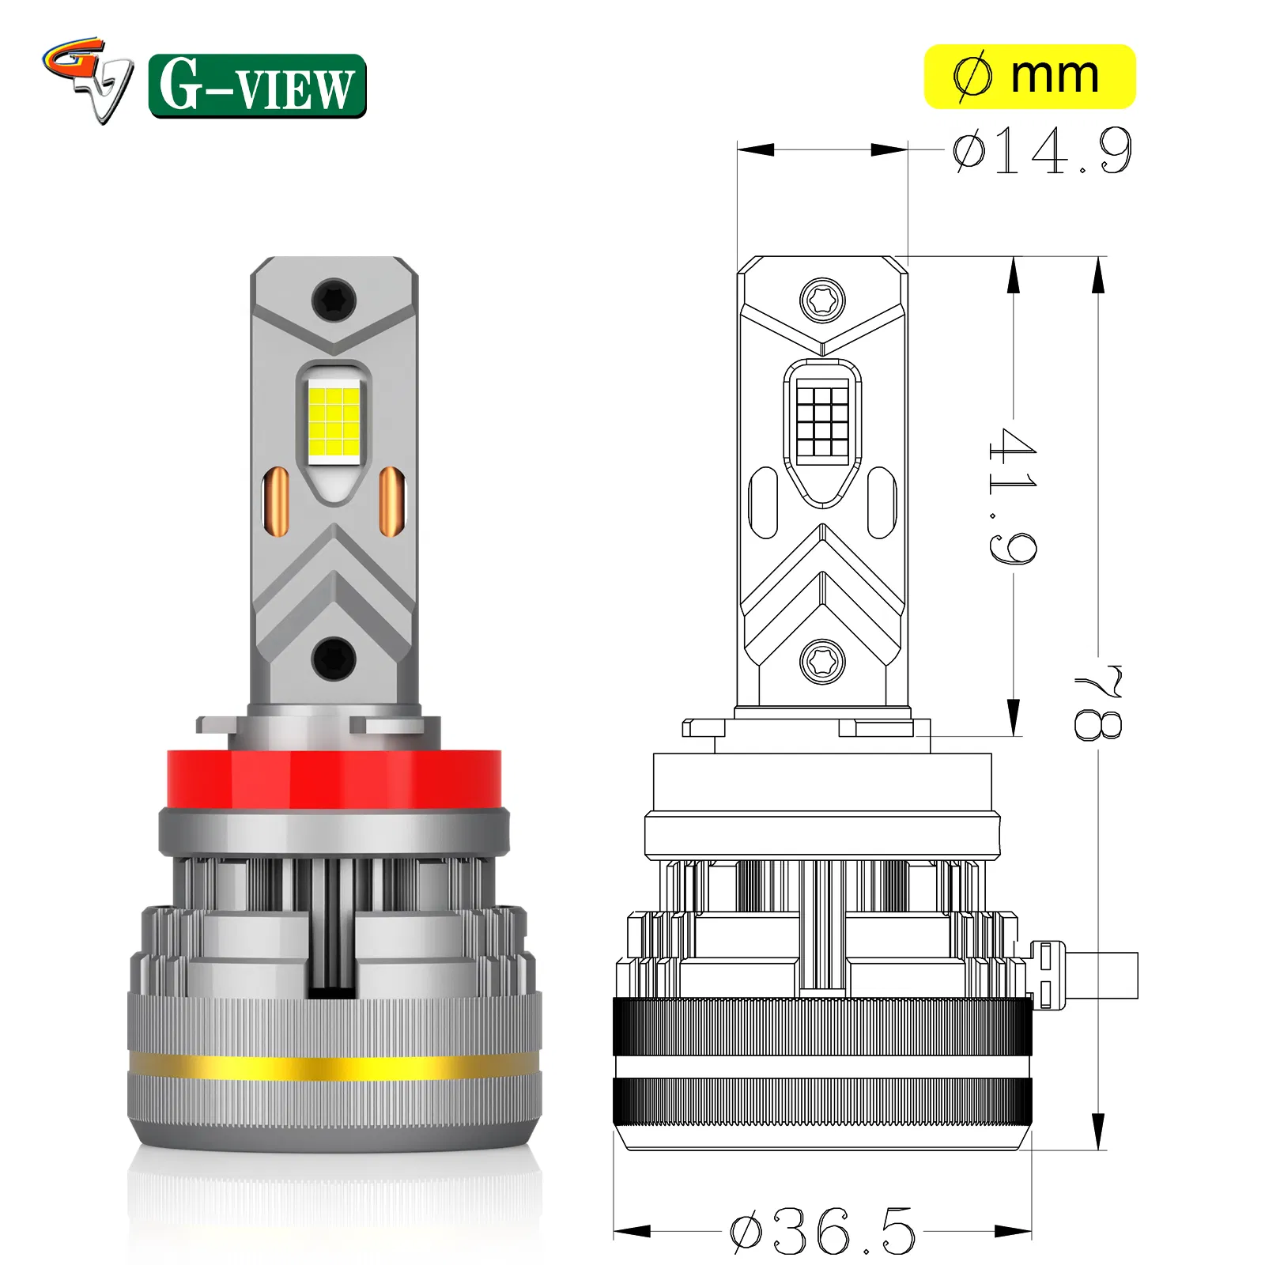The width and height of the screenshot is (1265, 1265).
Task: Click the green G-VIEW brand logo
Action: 257,85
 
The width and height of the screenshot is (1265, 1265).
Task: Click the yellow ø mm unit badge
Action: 1029,77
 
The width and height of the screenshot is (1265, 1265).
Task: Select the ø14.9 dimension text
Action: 1042,150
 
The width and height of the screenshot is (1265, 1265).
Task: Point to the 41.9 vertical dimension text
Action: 1012,496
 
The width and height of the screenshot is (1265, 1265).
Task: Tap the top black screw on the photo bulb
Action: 334,300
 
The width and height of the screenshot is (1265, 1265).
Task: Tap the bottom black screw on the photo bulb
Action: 334,659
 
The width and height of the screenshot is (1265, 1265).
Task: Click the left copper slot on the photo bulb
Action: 278,501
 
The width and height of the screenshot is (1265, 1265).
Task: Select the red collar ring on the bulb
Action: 334,779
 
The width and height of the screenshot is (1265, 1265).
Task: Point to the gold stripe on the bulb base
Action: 334,1067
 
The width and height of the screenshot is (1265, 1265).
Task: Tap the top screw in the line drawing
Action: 822,300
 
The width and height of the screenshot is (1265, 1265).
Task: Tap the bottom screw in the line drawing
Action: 822,661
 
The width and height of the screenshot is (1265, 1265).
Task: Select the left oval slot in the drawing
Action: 763,503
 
